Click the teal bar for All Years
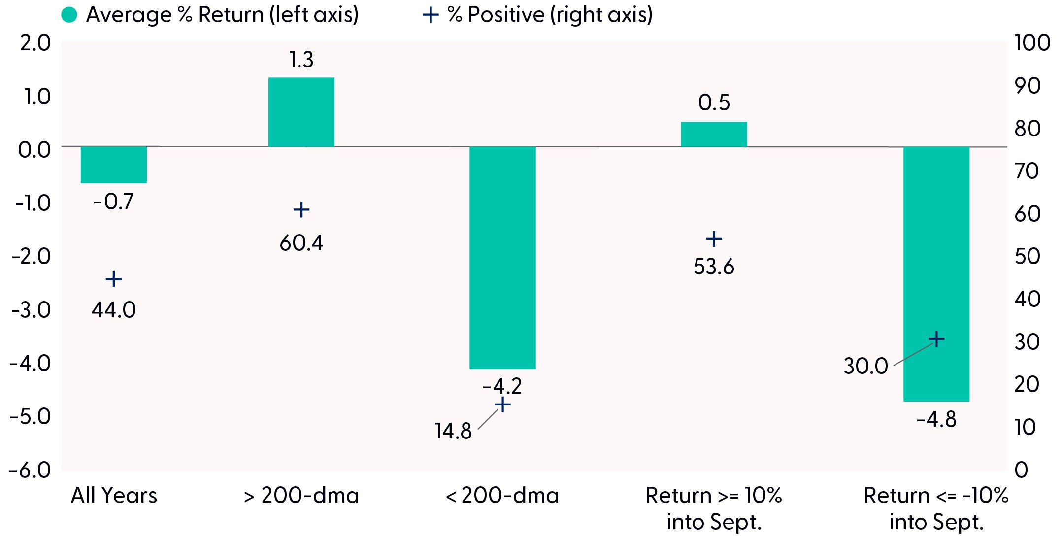click(114, 165)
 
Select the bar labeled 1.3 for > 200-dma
click(301, 112)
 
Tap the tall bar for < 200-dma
click(502, 258)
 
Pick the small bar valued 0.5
click(714, 135)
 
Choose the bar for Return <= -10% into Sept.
click(936, 274)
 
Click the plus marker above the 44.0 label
click(114, 279)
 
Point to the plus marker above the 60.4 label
click(301, 210)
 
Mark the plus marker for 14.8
click(502, 405)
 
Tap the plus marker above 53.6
click(714, 239)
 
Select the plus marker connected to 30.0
click(936, 339)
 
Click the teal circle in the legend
click(69, 15)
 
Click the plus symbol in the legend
click(431, 15)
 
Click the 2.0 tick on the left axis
click(35, 43)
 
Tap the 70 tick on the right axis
click(1028, 171)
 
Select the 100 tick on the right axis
click(1032, 43)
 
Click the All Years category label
click(114, 495)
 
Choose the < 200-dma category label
click(502, 495)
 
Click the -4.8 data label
click(936, 420)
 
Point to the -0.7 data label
click(114, 202)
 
